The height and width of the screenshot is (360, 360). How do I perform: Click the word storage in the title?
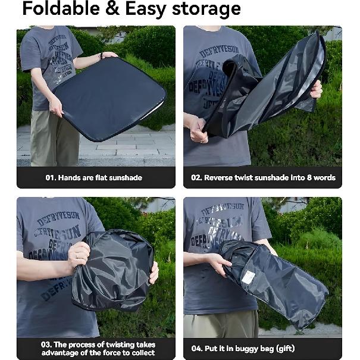[205, 9]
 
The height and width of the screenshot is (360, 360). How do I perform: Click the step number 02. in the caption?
[196, 177]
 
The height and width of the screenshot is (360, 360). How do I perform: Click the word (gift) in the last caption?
[283, 349]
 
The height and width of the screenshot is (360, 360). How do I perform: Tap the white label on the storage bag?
[248, 277]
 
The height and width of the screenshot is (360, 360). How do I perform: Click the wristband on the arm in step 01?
[101, 56]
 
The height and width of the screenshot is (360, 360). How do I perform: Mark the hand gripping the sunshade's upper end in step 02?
[316, 89]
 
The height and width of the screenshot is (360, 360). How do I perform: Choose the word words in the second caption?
[323, 177]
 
